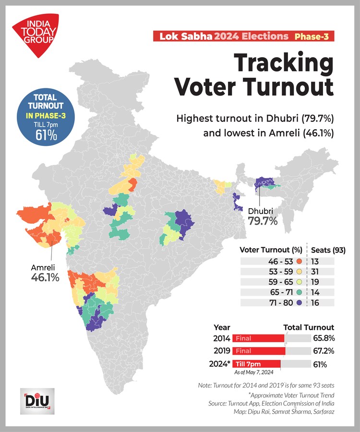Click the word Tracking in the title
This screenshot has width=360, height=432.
coord(283,63)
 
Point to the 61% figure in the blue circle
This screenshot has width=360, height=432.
coord(46,135)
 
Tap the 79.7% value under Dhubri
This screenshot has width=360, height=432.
coord(263,221)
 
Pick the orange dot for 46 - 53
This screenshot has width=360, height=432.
coord(299,262)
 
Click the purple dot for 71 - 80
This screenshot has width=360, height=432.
coord(299,303)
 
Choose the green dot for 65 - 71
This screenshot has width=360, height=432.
coord(299,292)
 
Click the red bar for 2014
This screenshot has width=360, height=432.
coord(258,338)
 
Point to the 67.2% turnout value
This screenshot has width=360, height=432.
coord(324,351)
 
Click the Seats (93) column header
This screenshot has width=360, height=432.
coord(328,250)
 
